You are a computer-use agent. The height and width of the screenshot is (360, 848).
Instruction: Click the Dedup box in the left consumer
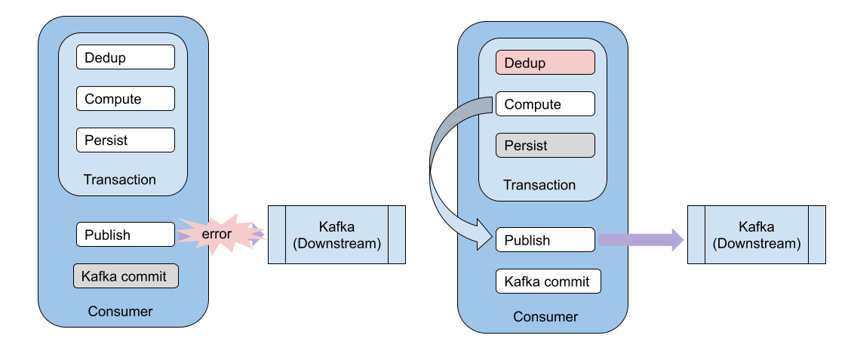[x=125, y=57]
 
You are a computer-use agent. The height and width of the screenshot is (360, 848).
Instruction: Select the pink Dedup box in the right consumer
[x=545, y=63]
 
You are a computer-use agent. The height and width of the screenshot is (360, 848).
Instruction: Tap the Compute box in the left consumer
[x=125, y=99]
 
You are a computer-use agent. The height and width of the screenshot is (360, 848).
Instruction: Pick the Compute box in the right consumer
[x=545, y=104]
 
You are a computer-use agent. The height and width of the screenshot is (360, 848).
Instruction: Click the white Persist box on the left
[x=125, y=140]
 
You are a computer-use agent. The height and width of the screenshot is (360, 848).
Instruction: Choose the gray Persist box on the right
[x=545, y=146]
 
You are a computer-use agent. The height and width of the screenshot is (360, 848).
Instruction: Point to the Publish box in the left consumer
[x=125, y=235]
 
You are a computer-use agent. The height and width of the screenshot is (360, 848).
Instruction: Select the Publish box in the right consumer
[x=545, y=240]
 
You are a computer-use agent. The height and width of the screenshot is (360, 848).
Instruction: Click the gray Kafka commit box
[x=125, y=275]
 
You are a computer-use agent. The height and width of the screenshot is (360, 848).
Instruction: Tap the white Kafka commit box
[x=548, y=282]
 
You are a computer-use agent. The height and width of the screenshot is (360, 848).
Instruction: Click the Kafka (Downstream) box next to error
[x=336, y=235]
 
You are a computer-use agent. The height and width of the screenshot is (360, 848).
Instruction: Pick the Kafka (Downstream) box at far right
[x=756, y=235]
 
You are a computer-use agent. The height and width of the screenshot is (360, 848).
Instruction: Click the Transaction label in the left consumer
[x=120, y=180]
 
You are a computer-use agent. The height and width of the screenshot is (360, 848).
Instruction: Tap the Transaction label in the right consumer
[x=539, y=185]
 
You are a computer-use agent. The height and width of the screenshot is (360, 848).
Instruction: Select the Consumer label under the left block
[x=120, y=311]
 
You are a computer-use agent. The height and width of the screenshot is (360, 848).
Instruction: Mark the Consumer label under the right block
[x=545, y=316]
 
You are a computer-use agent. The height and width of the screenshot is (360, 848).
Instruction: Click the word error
[x=217, y=235]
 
